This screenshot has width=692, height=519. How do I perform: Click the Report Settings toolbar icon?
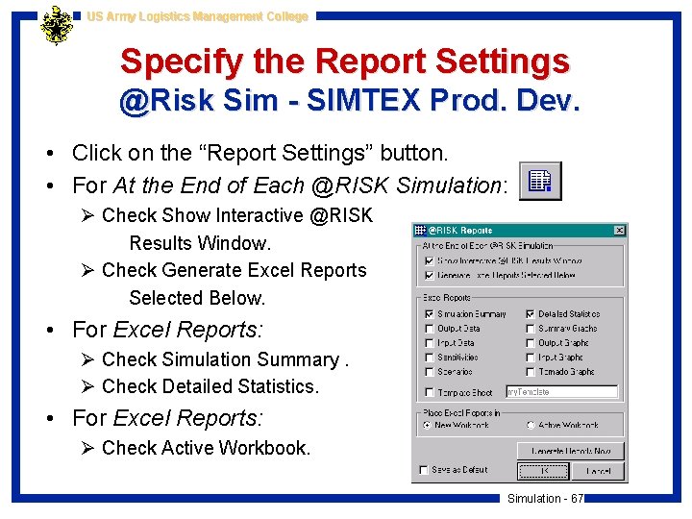click(539, 181)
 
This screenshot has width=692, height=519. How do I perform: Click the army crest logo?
click(56, 26)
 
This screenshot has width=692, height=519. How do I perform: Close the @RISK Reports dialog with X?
click(620, 230)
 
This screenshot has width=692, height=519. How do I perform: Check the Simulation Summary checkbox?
click(429, 314)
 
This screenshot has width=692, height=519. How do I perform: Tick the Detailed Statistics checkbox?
click(531, 314)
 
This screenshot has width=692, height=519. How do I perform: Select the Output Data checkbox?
click(429, 329)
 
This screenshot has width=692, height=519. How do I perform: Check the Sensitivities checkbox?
click(429, 358)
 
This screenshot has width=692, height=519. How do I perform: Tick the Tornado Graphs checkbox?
click(531, 372)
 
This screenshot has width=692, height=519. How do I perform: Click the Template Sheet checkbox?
click(429, 392)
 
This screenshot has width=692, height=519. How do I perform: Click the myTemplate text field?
click(561, 392)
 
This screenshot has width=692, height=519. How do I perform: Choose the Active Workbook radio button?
click(531, 425)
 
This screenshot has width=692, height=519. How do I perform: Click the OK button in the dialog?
click(544, 471)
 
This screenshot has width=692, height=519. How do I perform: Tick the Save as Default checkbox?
click(424, 470)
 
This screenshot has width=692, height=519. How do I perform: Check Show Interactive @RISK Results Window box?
click(429, 260)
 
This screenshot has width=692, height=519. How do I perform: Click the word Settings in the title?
click(499, 62)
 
